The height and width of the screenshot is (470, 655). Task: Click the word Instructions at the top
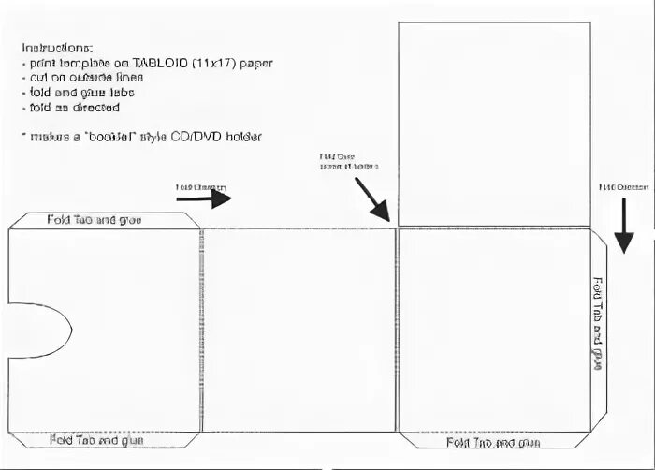click(57, 47)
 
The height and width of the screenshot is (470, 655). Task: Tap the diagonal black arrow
click(371, 198)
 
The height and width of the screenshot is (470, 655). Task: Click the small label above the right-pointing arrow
click(200, 187)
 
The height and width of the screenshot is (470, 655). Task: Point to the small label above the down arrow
click(623, 187)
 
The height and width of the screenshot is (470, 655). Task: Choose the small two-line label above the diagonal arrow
click(348, 162)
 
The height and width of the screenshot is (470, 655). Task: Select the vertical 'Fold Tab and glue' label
click(597, 324)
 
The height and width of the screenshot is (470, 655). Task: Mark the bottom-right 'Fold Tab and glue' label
click(493, 442)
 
